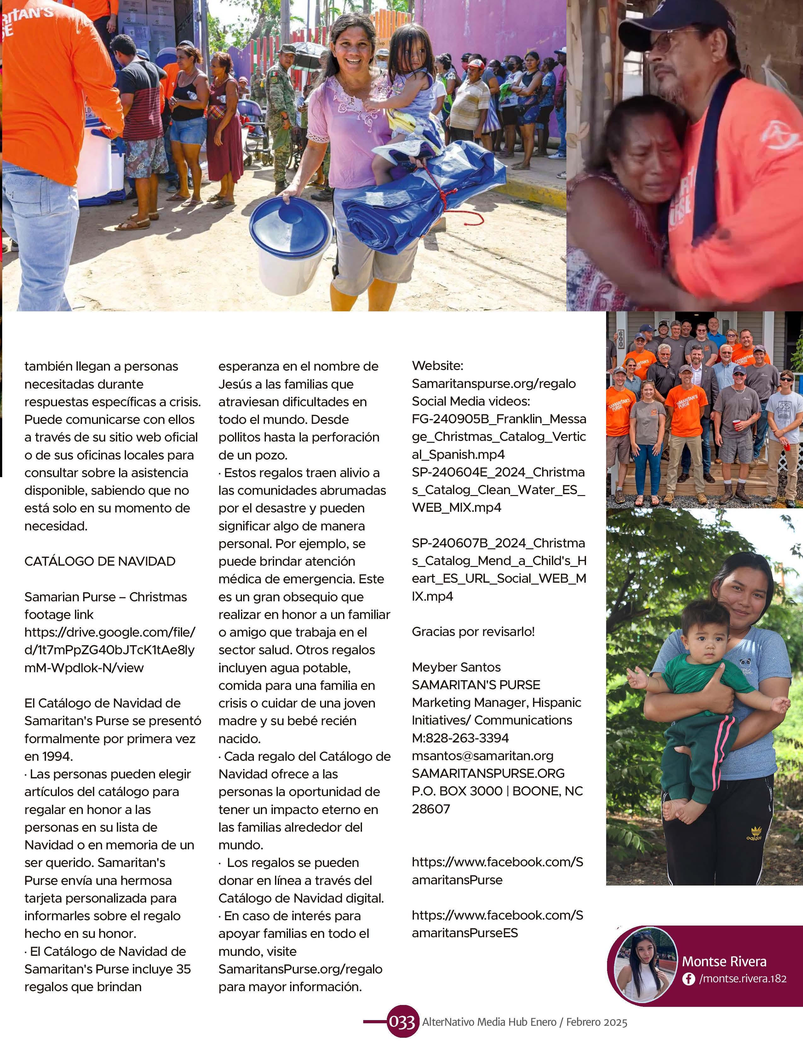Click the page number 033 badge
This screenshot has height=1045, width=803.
pos(401,1022)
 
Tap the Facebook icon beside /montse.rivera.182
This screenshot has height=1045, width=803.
pos(688,979)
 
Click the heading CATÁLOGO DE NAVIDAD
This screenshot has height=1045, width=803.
pos(100,561)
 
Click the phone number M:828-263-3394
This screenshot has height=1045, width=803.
pos(460,738)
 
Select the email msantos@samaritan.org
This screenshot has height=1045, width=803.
pos(482,756)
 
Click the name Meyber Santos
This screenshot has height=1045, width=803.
pos(456,667)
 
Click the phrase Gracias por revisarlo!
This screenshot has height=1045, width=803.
pos(473,632)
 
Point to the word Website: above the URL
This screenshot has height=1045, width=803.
pos(437,366)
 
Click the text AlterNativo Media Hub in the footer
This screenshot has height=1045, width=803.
pos(489,1022)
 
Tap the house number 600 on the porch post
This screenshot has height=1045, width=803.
pos(621,339)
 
